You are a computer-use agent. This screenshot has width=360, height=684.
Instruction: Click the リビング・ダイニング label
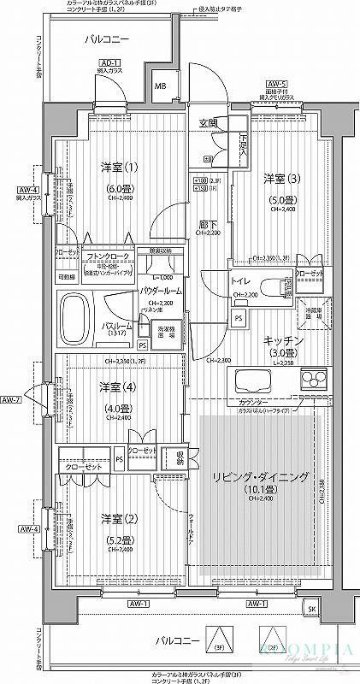pyautogui.click(x=259, y=476)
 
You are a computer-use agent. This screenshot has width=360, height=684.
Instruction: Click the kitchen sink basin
pyautogui.click(x=253, y=379)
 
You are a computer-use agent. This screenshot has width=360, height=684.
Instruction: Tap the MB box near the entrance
pyautogui.click(x=160, y=86)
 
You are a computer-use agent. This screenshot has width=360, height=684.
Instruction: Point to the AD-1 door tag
pyautogui.click(x=108, y=63)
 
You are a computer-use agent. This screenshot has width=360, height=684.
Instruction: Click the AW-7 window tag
pyautogui.click(x=10, y=399)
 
